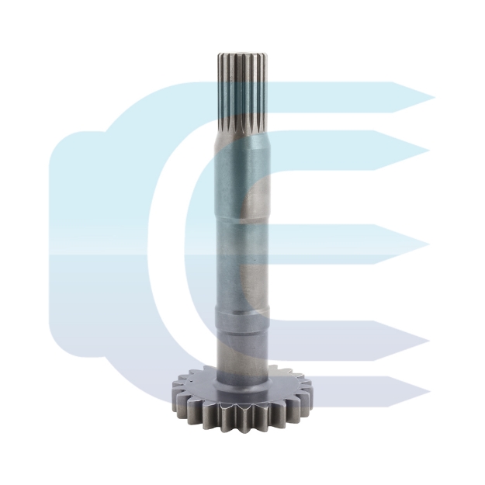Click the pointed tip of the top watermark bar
[x=431, y=99]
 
